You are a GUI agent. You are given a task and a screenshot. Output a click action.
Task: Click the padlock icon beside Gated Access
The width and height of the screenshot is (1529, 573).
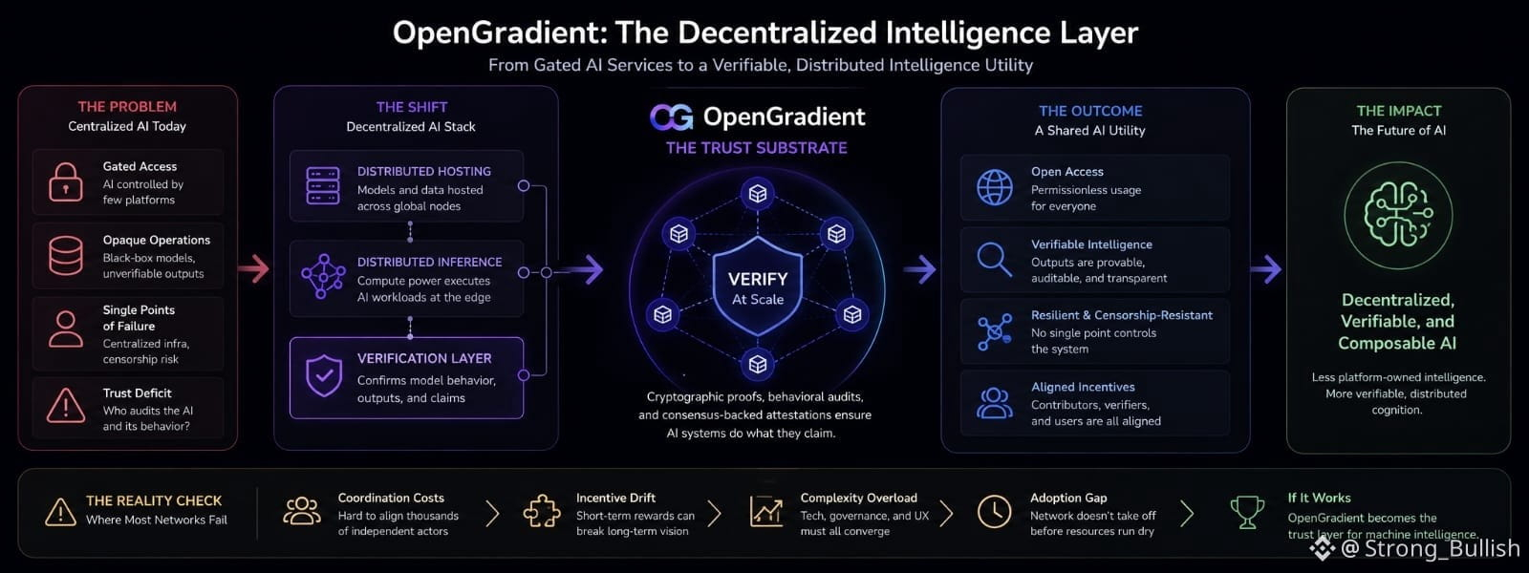pyautogui.click(x=66, y=182)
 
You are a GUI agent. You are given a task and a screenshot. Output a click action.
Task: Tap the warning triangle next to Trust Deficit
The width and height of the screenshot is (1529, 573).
pyautogui.click(x=66, y=406)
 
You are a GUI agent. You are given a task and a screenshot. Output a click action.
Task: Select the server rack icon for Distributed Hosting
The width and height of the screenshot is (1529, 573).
pyautogui.click(x=323, y=185)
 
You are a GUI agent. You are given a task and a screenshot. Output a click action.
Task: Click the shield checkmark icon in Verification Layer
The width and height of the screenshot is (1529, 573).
pyautogui.click(x=324, y=375)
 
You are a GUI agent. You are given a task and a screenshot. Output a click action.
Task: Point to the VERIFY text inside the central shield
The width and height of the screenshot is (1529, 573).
pyautogui.click(x=758, y=279)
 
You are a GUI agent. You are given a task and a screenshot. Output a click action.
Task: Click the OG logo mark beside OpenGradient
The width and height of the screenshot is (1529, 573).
pyautogui.click(x=672, y=117)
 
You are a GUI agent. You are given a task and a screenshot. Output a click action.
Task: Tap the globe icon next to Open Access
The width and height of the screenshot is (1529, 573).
pyautogui.click(x=995, y=187)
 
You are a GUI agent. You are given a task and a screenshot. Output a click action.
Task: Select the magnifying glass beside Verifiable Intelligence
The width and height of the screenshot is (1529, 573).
pyautogui.click(x=994, y=260)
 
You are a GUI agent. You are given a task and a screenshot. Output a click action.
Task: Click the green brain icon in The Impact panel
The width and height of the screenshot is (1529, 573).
pyautogui.click(x=1398, y=215)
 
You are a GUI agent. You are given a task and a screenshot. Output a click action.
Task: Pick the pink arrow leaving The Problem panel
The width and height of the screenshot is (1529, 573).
pyautogui.click(x=253, y=268)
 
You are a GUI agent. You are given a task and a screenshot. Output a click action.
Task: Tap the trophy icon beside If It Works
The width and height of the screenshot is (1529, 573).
pyautogui.click(x=1247, y=512)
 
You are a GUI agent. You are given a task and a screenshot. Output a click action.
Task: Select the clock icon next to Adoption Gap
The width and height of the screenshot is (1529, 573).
pyautogui.click(x=994, y=512)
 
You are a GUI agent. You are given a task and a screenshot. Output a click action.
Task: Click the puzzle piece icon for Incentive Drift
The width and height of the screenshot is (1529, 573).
pyautogui.click(x=541, y=512)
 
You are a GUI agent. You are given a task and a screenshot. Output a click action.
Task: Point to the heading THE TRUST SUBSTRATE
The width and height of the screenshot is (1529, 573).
pyautogui.click(x=756, y=148)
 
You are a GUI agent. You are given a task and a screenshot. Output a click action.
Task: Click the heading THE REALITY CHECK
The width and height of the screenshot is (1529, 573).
pyautogui.click(x=154, y=500)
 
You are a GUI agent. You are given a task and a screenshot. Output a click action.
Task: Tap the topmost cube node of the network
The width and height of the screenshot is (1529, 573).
pyautogui.click(x=758, y=194)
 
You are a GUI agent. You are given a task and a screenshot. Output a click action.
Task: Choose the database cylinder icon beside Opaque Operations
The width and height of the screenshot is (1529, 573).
pyautogui.click(x=66, y=256)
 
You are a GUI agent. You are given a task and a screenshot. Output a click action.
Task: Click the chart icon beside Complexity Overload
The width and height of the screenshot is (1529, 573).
pyautogui.click(x=765, y=512)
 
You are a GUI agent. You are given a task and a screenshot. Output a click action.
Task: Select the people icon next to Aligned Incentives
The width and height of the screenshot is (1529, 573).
pyautogui.click(x=995, y=403)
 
